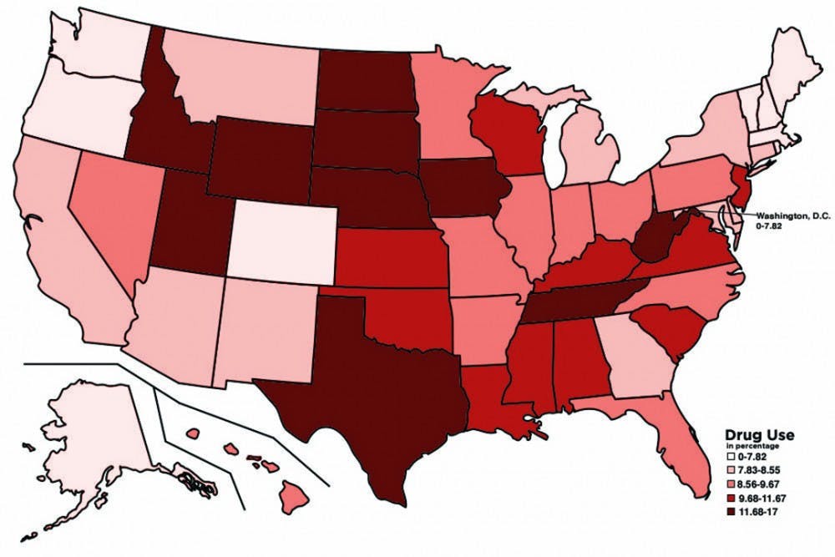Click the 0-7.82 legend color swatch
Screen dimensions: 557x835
coord(730,456)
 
